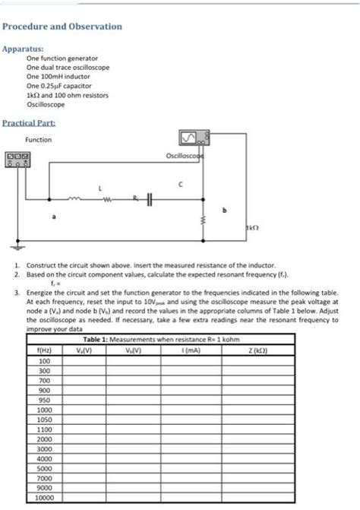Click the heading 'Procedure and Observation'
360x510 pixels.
[62, 27]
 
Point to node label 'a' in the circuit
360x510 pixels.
[53, 217]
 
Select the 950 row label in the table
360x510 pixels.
[43, 398]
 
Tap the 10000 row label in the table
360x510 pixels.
[43, 499]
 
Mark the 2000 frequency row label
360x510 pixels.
[43, 439]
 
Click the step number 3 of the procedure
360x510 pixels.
[17, 291]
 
